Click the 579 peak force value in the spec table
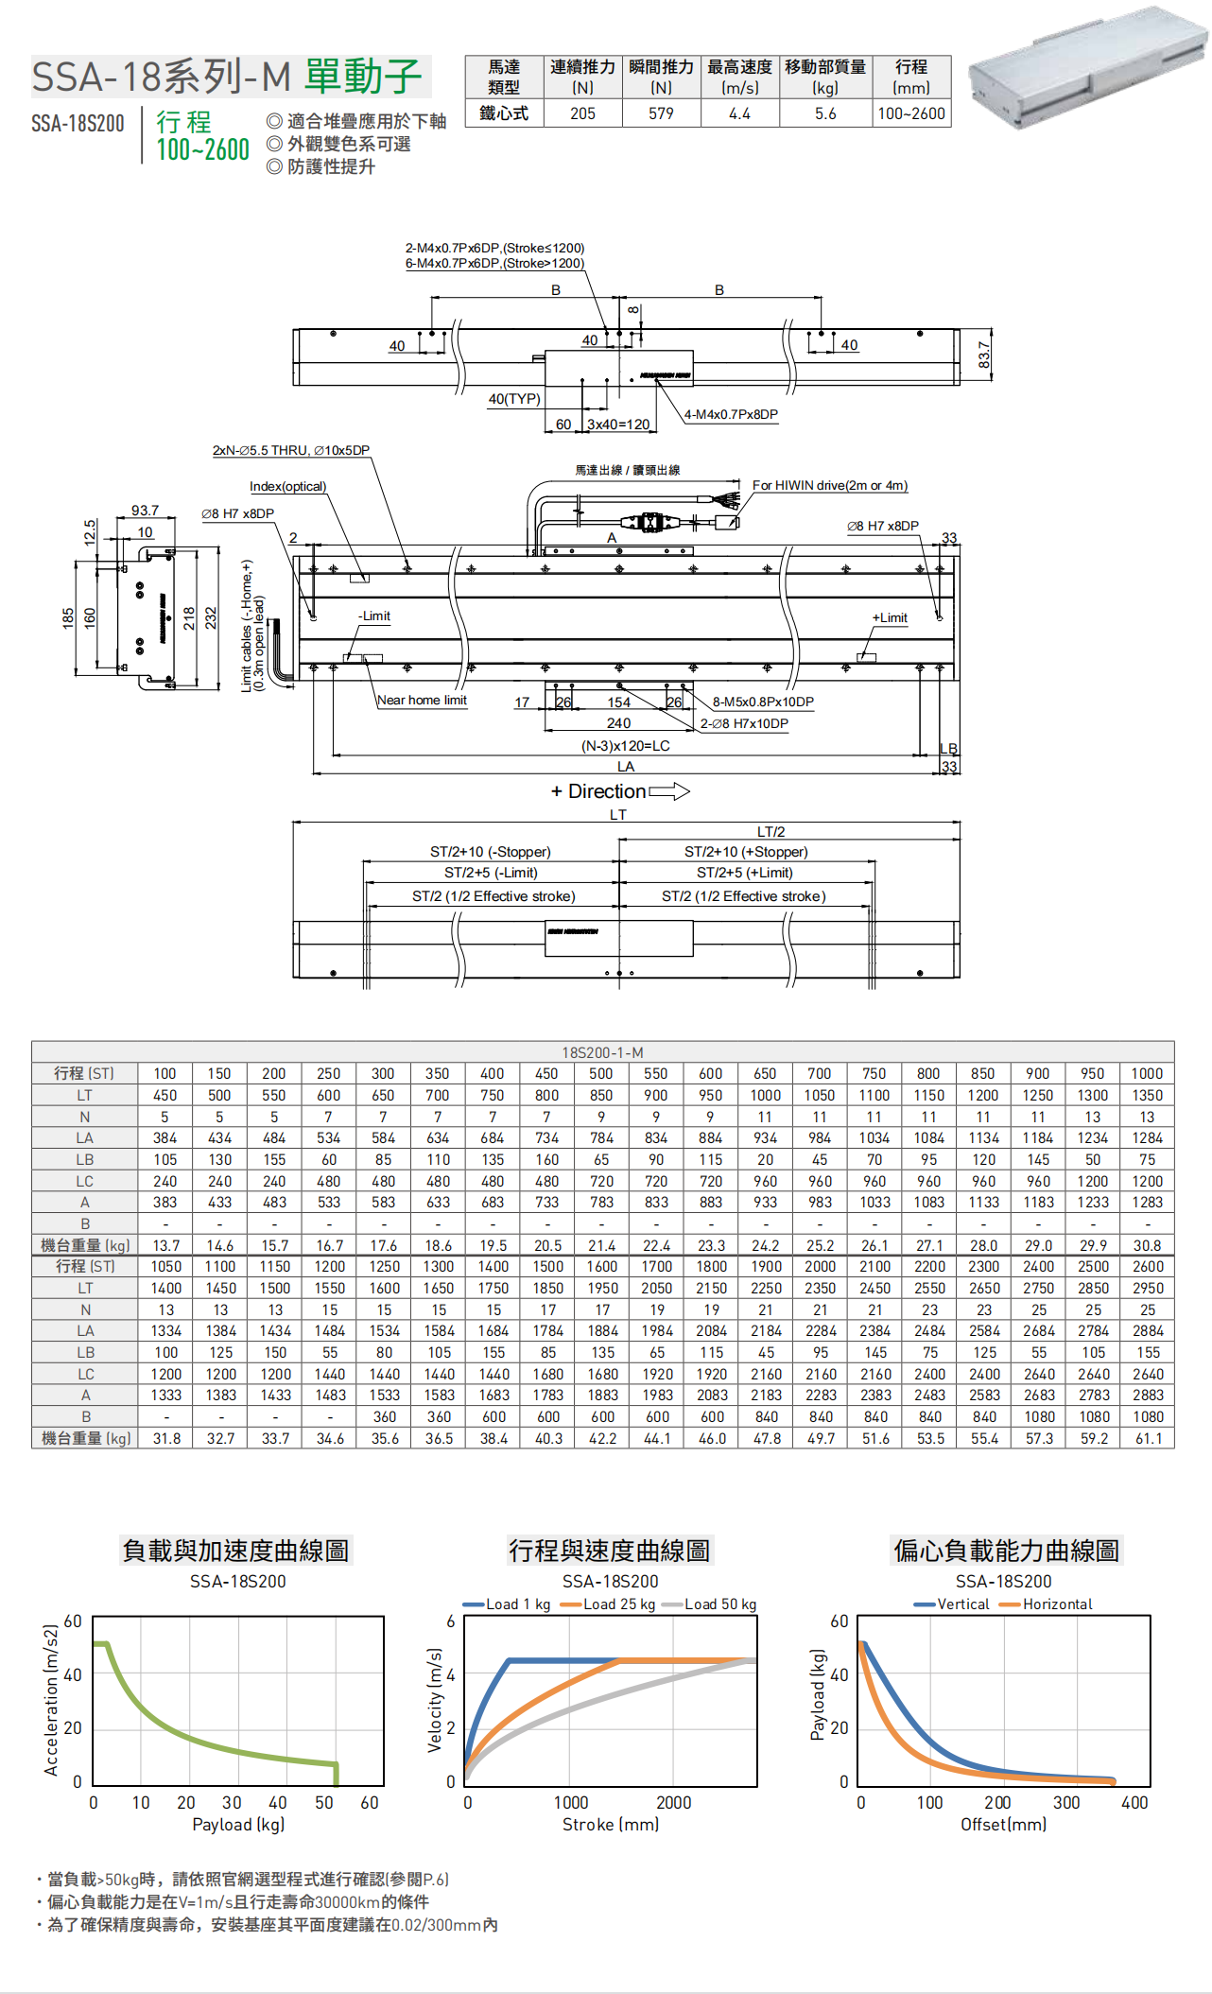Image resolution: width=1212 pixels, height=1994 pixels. pyautogui.click(x=661, y=113)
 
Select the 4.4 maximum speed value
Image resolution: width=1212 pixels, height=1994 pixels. pyautogui.click(x=739, y=113)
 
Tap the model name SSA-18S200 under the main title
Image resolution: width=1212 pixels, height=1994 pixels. pyautogui.click(x=78, y=124)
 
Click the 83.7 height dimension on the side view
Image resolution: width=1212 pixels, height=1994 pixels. pyautogui.click(x=984, y=355)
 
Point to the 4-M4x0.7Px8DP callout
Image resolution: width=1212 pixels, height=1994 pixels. pyautogui.click(x=731, y=414)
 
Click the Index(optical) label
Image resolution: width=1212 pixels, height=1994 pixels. pyautogui.click(x=287, y=486)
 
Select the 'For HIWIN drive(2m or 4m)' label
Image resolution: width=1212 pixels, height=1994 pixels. pyautogui.click(x=829, y=485)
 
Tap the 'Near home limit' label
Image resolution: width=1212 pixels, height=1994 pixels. pyautogui.click(x=422, y=701)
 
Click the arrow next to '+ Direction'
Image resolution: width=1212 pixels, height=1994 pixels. pyautogui.click(x=669, y=791)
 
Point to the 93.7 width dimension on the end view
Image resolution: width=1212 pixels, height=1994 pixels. pyautogui.click(x=145, y=511)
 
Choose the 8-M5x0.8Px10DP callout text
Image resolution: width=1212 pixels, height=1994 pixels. pyautogui.click(x=763, y=702)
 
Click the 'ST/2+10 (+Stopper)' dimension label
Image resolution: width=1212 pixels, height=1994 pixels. pyautogui.click(x=746, y=852)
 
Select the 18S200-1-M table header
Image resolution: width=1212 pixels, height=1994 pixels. pyautogui.click(x=602, y=1052)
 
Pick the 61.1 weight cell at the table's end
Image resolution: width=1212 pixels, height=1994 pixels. pyautogui.click(x=1149, y=1438)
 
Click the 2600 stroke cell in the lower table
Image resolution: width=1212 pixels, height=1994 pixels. pyautogui.click(x=1148, y=1267)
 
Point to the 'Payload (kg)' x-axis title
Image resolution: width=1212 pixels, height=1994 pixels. pyautogui.click(x=238, y=1824)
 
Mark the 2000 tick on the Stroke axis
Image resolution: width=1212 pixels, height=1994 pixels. pyautogui.click(x=673, y=1802)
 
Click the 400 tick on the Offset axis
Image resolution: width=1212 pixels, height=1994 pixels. pyautogui.click(x=1134, y=1802)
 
